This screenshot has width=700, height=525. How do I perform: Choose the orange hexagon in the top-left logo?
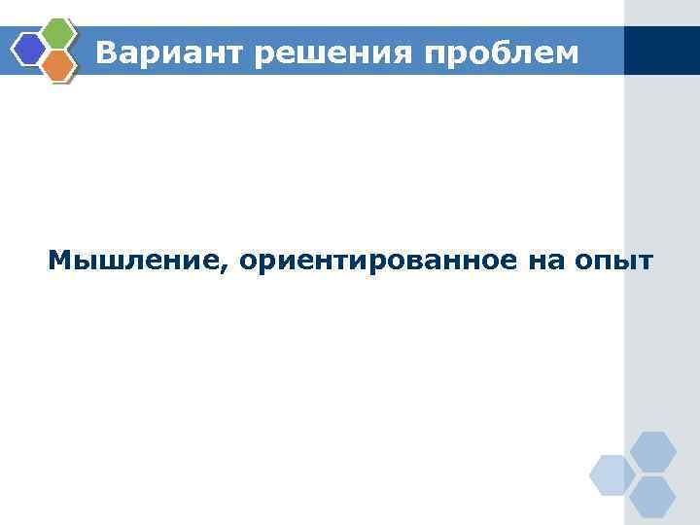[59, 64]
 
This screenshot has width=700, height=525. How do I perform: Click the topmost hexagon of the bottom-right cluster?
[652, 451]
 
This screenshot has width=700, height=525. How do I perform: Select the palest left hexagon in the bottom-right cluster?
[612, 474]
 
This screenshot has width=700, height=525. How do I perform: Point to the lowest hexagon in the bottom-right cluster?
[652, 497]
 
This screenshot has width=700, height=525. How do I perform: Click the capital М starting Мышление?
[58, 261]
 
